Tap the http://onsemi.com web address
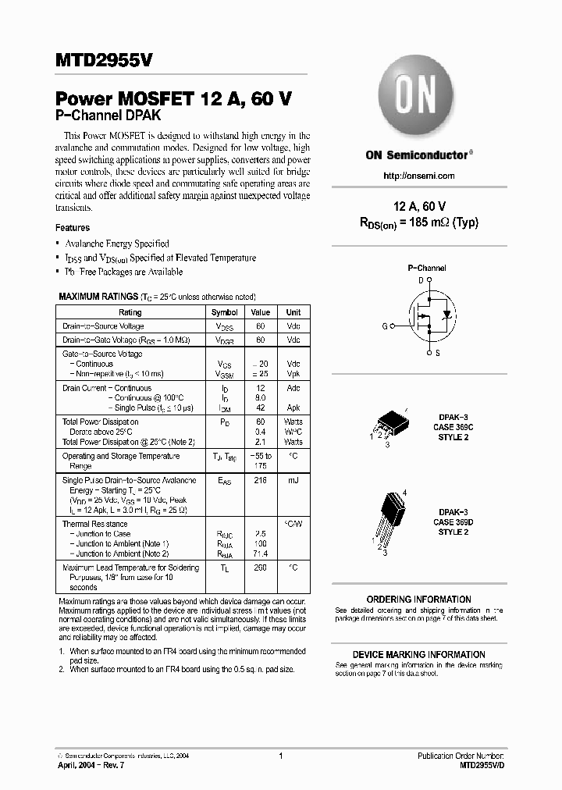tap(419, 176)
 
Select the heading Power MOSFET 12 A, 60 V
tap(174, 100)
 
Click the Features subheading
tap(73, 228)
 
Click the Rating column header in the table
tap(130, 312)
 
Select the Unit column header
tap(293, 312)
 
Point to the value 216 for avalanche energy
tap(260, 481)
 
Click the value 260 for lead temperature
tap(260, 568)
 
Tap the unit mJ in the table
tap(293, 481)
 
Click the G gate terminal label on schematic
tap(385, 326)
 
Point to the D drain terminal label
tap(420, 279)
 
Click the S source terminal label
tap(436, 353)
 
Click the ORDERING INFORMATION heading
tap(418, 600)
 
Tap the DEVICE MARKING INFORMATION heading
tap(418, 654)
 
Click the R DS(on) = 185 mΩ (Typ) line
tap(418, 222)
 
